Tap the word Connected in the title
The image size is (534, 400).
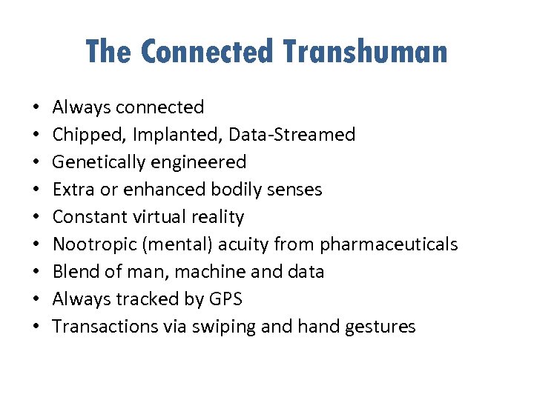207,52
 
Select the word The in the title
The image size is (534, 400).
109,52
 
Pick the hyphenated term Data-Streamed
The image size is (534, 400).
291,135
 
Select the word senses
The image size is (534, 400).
296,190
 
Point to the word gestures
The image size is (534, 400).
384,327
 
